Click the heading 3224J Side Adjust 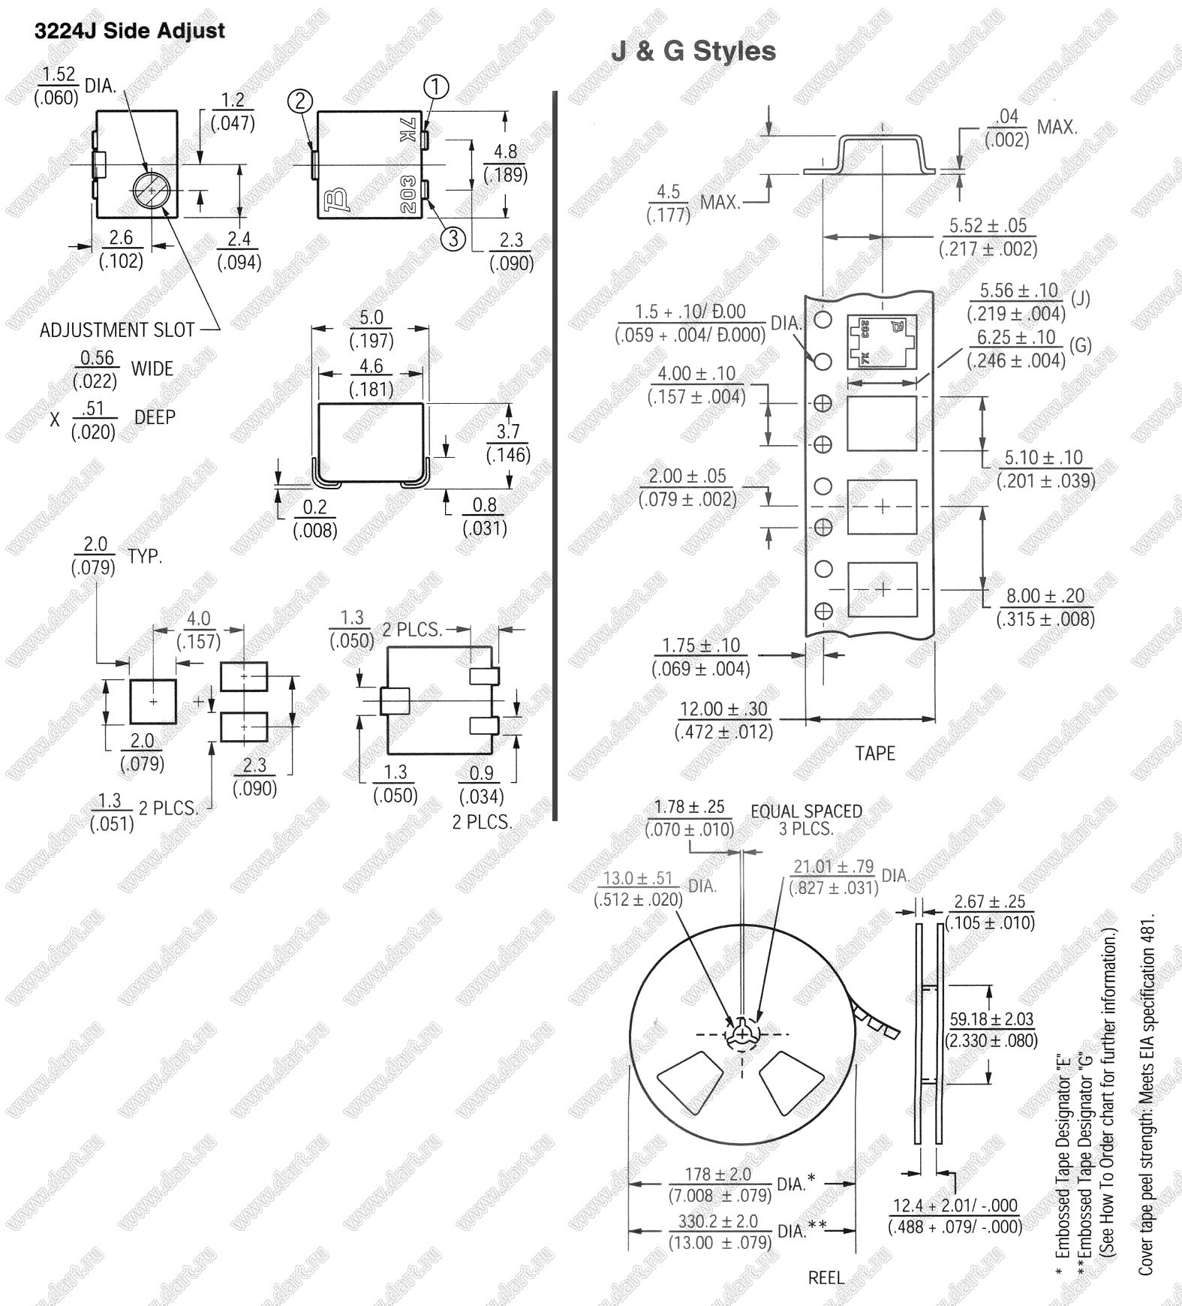tap(130, 31)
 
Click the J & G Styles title tap(694, 51)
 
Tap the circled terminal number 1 tap(436, 87)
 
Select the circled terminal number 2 tap(300, 101)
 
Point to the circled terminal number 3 tap(453, 238)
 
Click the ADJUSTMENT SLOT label tap(117, 330)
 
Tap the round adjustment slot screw tap(152, 191)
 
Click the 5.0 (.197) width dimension tap(371, 329)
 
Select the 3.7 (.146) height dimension tap(508, 443)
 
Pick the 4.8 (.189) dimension tap(505, 163)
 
